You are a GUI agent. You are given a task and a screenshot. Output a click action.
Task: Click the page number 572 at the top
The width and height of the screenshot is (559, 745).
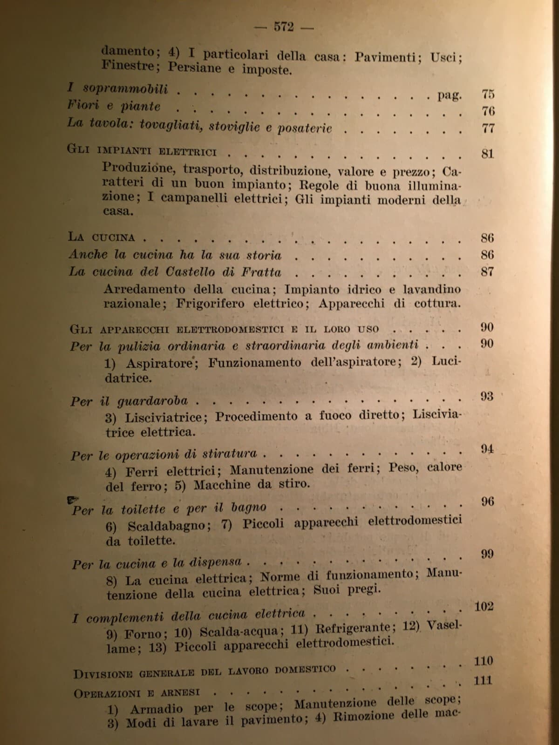283,27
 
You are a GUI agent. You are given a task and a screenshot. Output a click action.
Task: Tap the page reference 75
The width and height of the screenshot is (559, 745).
488,94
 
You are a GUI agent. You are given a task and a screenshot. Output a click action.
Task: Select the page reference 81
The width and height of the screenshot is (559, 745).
488,153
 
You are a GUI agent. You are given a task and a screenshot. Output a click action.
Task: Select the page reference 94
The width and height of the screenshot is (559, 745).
487,449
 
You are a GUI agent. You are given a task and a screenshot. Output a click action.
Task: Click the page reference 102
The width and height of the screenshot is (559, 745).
484,607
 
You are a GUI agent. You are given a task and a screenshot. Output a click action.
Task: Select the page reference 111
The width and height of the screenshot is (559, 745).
483,681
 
